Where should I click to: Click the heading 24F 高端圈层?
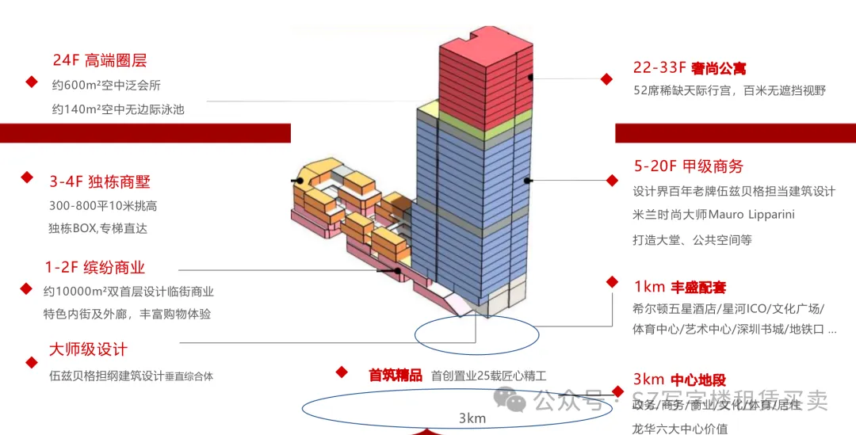click(x=100, y=60)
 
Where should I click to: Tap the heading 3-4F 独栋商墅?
click(x=100, y=181)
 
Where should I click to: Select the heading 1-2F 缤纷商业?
click(x=95, y=268)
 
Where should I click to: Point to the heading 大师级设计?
click(x=88, y=349)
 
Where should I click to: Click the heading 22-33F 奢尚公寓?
click(x=690, y=68)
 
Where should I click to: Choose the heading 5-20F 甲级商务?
click(x=688, y=166)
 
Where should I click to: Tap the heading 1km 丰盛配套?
click(x=679, y=287)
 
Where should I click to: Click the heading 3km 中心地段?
click(x=679, y=380)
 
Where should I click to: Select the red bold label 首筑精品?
click(x=396, y=376)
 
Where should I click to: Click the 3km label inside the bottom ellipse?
click(x=472, y=418)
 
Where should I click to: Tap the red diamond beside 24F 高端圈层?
click(x=32, y=82)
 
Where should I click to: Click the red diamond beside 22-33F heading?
click(x=606, y=79)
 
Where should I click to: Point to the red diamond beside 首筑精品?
click(x=342, y=372)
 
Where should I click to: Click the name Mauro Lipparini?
click(x=751, y=215)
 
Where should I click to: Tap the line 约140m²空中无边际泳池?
click(x=118, y=109)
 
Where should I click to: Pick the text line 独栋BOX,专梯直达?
click(x=97, y=228)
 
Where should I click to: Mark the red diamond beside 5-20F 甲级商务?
click(x=611, y=181)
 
